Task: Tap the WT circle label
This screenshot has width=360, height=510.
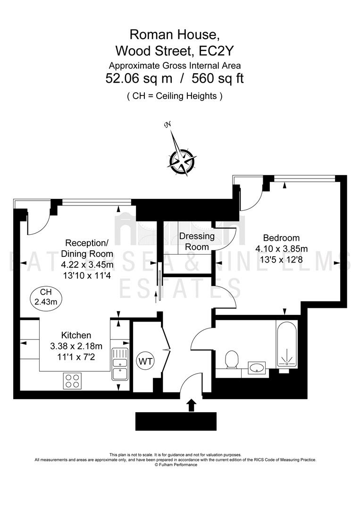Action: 145,361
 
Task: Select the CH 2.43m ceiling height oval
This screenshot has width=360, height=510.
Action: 46,297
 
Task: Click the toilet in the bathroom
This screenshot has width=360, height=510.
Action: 232,359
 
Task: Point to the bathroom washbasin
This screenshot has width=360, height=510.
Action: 257,368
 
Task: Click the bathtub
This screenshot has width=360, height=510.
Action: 286,344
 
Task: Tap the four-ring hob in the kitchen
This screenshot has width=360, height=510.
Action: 72,381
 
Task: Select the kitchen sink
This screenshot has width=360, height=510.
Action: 120,364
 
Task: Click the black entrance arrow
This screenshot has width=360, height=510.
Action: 192,405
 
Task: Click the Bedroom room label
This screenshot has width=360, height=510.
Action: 281,238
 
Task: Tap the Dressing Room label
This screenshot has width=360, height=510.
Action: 197,241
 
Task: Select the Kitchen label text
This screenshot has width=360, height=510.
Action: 76,335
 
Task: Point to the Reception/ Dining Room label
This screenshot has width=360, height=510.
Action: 87,248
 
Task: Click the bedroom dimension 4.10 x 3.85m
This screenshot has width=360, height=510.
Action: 281,249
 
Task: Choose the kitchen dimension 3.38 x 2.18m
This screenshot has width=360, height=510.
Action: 76,346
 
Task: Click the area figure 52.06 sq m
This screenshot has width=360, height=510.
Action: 139,78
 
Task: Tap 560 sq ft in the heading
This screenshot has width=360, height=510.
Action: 218,78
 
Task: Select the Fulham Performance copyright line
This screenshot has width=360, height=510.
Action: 176,465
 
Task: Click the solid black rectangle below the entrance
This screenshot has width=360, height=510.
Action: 176,421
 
